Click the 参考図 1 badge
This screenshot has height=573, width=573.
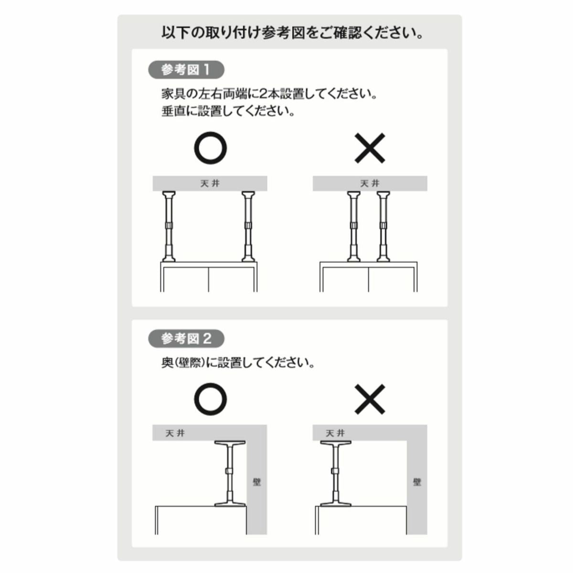pyautogui.click(x=186, y=70)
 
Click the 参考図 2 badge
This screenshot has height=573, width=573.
pyautogui.click(x=186, y=339)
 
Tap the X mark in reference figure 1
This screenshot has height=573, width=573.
pyautogui.click(x=370, y=148)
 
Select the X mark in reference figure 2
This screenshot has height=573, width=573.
pyautogui.click(x=370, y=399)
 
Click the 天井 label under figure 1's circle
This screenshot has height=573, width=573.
pyautogui.click(x=210, y=183)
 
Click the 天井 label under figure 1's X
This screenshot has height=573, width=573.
pyautogui.click(x=370, y=183)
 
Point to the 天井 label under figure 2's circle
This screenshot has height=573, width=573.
pyautogui.click(x=175, y=433)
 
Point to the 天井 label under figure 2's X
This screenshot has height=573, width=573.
pyautogui.click(x=335, y=433)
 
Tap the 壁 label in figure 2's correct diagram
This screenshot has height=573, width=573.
pyautogui.click(x=257, y=482)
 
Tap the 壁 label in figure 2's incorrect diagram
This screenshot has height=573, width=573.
pyautogui.click(x=417, y=482)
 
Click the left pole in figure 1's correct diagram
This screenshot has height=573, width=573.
pyautogui.click(x=169, y=227)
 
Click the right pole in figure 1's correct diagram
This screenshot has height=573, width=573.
pyautogui.click(x=248, y=227)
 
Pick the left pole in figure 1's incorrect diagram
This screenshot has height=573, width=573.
pyautogui.click(x=354, y=227)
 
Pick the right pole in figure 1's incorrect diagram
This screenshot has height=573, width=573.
pyautogui.click(x=383, y=227)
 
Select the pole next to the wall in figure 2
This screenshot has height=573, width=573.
pyautogui.click(x=230, y=473)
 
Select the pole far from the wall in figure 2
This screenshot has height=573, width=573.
pyautogui.click(x=336, y=473)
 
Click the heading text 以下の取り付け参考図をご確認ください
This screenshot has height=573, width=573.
pyautogui.click(x=292, y=33)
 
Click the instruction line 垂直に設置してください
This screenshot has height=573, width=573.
pyautogui.click(x=228, y=111)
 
